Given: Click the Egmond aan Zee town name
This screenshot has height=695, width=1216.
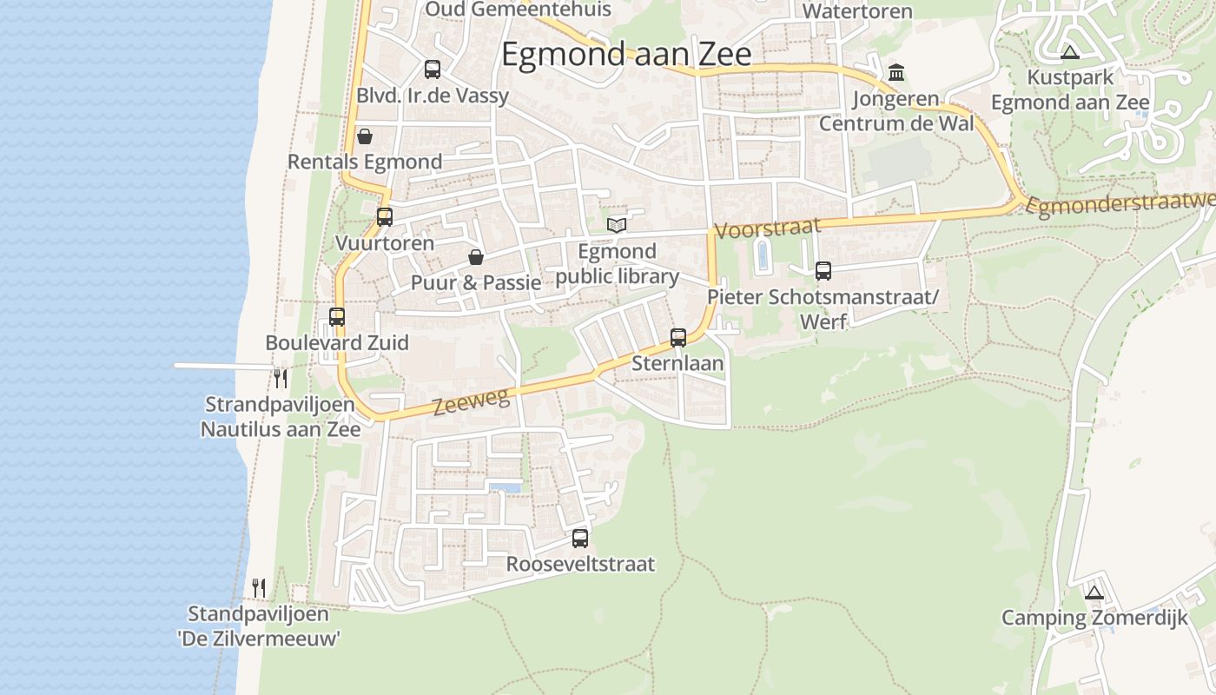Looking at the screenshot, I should pyautogui.click(x=626, y=55).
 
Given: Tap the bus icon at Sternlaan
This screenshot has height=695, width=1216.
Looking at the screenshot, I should pyautogui.click(x=678, y=338).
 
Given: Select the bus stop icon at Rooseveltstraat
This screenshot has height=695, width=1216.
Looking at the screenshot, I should pyautogui.click(x=580, y=539).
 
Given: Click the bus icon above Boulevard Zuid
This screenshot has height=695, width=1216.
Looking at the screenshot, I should pyautogui.click(x=337, y=317).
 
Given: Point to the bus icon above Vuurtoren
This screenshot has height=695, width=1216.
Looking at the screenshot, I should pyautogui.click(x=384, y=217).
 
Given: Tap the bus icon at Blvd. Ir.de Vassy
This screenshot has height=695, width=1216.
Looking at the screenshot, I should pyautogui.click(x=432, y=69).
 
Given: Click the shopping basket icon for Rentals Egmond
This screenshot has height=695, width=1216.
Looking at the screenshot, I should pyautogui.click(x=365, y=137).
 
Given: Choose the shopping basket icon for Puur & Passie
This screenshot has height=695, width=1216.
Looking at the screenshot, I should pyautogui.click(x=476, y=257).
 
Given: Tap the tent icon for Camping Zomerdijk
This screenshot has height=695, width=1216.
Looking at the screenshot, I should pyautogui.click(x=1094, y=593).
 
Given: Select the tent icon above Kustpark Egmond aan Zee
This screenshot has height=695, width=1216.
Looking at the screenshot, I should pyautogui.click(x=1070, y=52).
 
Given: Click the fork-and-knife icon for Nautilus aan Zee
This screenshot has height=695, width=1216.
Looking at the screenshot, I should pyautogui.click(x=280, y=378).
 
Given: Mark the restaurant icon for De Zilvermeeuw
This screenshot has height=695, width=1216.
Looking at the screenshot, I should pyautogui.click(x=258, y=588).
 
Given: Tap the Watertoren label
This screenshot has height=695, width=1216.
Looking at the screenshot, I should pyautogui.click(x=857, y=11).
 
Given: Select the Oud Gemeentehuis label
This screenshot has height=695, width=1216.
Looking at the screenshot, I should pyautogui.click(x=518, y=10).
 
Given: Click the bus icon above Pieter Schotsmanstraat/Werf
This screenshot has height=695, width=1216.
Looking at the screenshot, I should pyautogui.click(x=823, y=271).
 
